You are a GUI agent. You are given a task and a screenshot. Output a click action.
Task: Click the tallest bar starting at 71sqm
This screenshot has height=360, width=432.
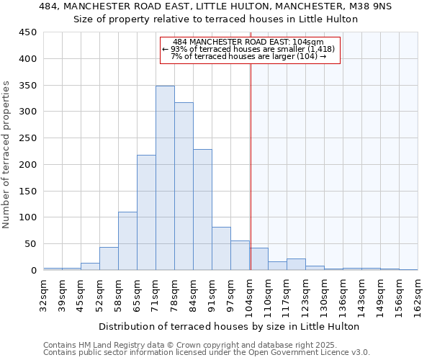(165, 178)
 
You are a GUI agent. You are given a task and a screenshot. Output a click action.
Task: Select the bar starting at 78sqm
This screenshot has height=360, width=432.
(184, 186)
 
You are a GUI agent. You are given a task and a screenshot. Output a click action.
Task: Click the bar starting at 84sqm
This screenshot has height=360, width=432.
(202, 210)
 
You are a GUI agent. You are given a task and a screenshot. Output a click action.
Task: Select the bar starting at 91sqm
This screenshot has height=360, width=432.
(221, 248)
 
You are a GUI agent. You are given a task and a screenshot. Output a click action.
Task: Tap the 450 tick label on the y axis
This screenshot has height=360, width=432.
(28, 32)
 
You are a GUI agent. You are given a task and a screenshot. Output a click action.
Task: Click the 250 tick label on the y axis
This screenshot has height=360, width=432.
(28, 138)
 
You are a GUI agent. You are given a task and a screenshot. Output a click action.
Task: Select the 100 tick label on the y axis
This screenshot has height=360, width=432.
(28, 217)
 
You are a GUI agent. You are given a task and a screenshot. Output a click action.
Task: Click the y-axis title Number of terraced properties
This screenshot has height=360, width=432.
(6, 155)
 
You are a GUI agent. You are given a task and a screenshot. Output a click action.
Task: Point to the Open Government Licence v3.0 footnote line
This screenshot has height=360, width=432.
(207, 352)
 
